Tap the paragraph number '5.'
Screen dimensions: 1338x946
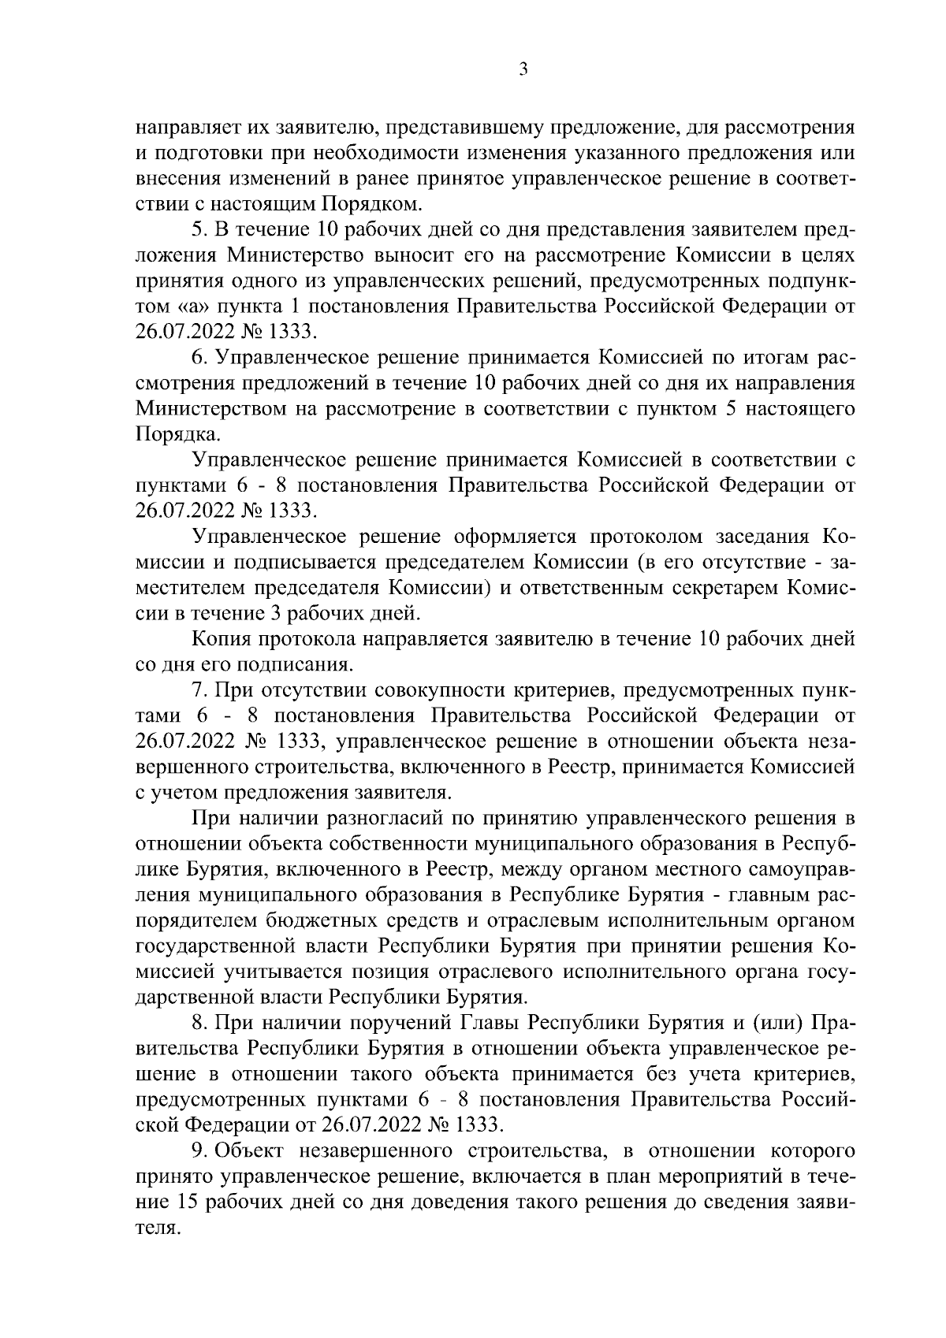(x=199, y=230)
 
